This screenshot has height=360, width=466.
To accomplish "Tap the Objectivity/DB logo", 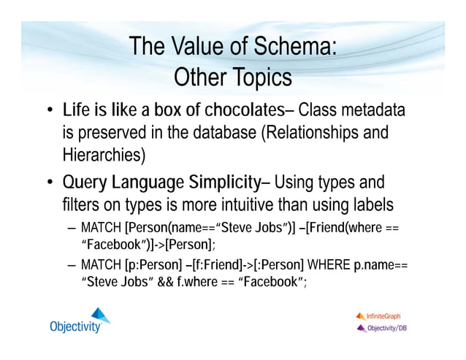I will [x=381, y=328].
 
